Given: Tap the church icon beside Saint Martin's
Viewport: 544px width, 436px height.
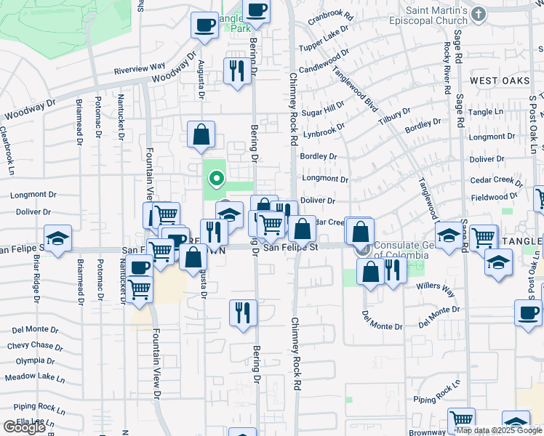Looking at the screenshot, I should (x=478, y=14).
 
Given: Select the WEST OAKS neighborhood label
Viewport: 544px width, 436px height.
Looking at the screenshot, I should (x=500, y=80).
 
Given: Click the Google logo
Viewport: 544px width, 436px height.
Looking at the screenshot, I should (x=24, y=427).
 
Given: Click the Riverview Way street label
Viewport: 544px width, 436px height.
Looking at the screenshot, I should (x=140, y=70).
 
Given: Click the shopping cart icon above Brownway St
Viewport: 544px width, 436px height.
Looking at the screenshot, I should (x=461, y=419).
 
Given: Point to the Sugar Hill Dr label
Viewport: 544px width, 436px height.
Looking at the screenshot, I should (x=323, y=110).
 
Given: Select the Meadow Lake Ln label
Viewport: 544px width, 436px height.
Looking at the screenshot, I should (x=35, y=378).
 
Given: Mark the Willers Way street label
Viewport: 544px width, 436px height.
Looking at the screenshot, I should (x=435, y=289).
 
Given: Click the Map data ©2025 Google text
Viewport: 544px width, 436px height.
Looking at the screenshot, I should (x=499, y=430).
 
